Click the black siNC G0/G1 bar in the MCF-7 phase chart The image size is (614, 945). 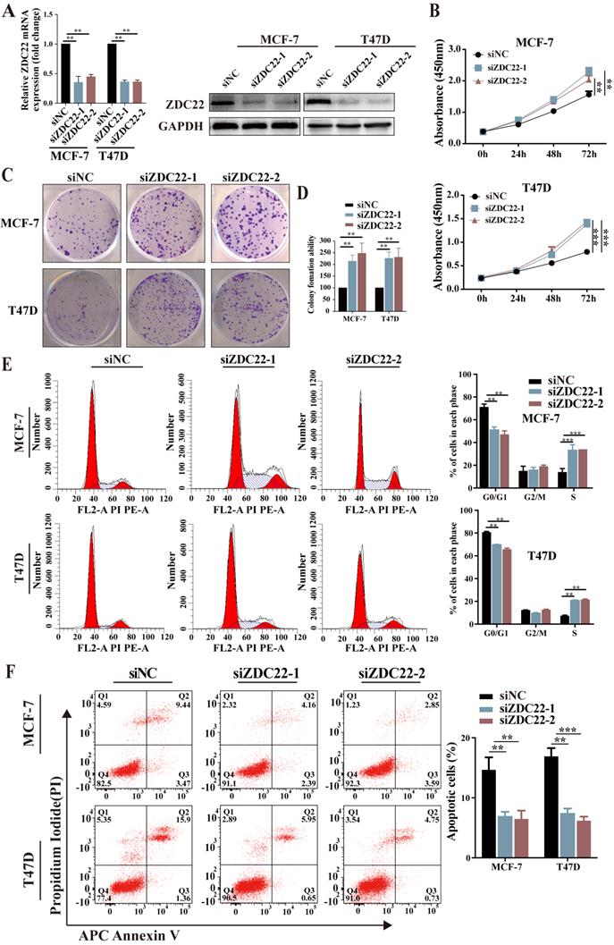pyautogui.click(x=484, y=438)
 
